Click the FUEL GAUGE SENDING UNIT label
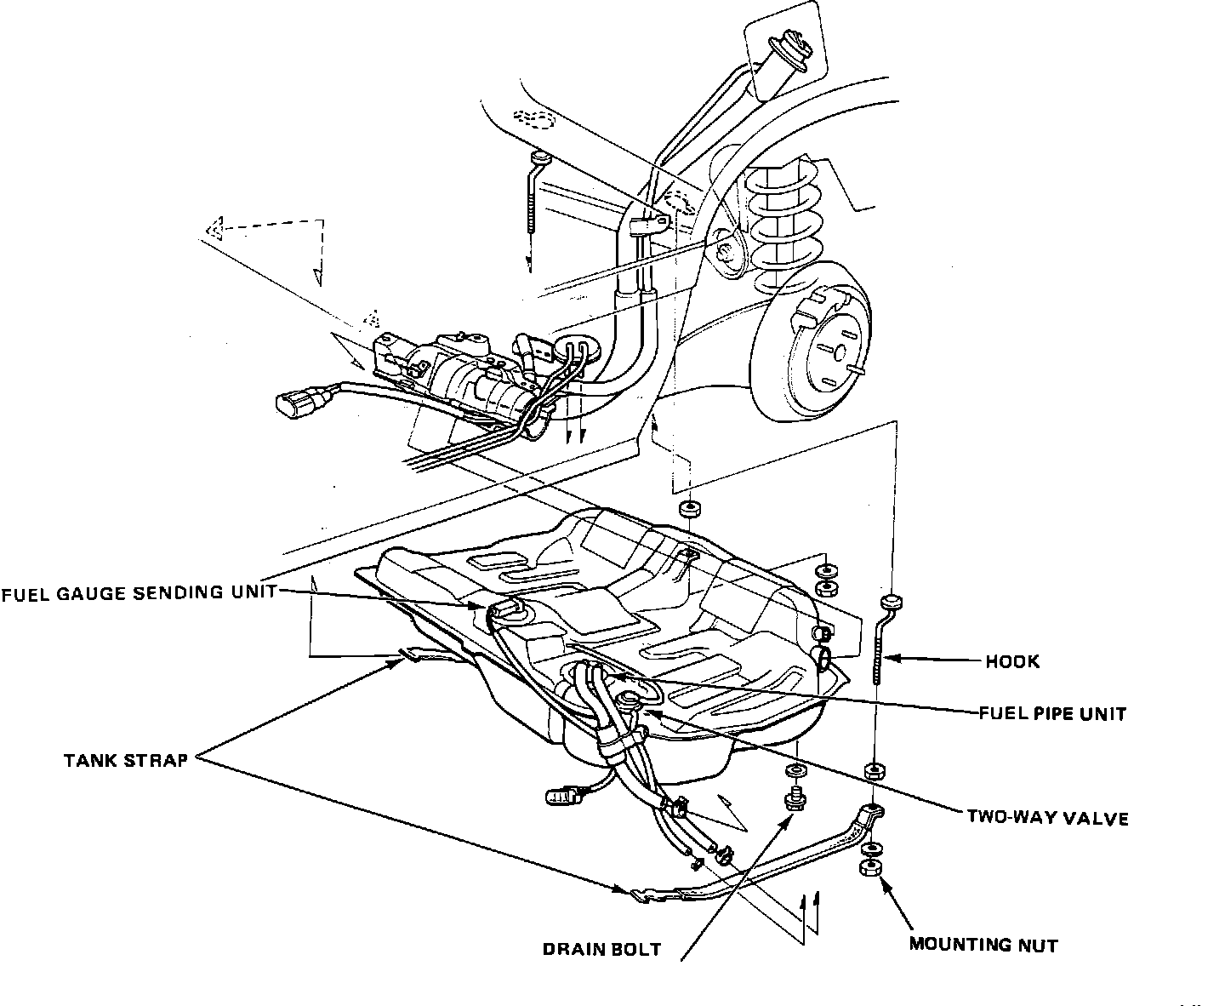[x=139, y=593]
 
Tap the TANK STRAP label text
[x=125, y=760]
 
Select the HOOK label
[x=1012, y=661]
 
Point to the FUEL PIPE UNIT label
[x=1051, y=713]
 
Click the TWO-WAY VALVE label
[x=1047, y=818]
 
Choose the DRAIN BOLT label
[x=601, y=949]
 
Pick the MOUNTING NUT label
[x=983, y=944]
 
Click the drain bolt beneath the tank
[x=795, y=801]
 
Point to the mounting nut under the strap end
[x=869, y=869]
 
